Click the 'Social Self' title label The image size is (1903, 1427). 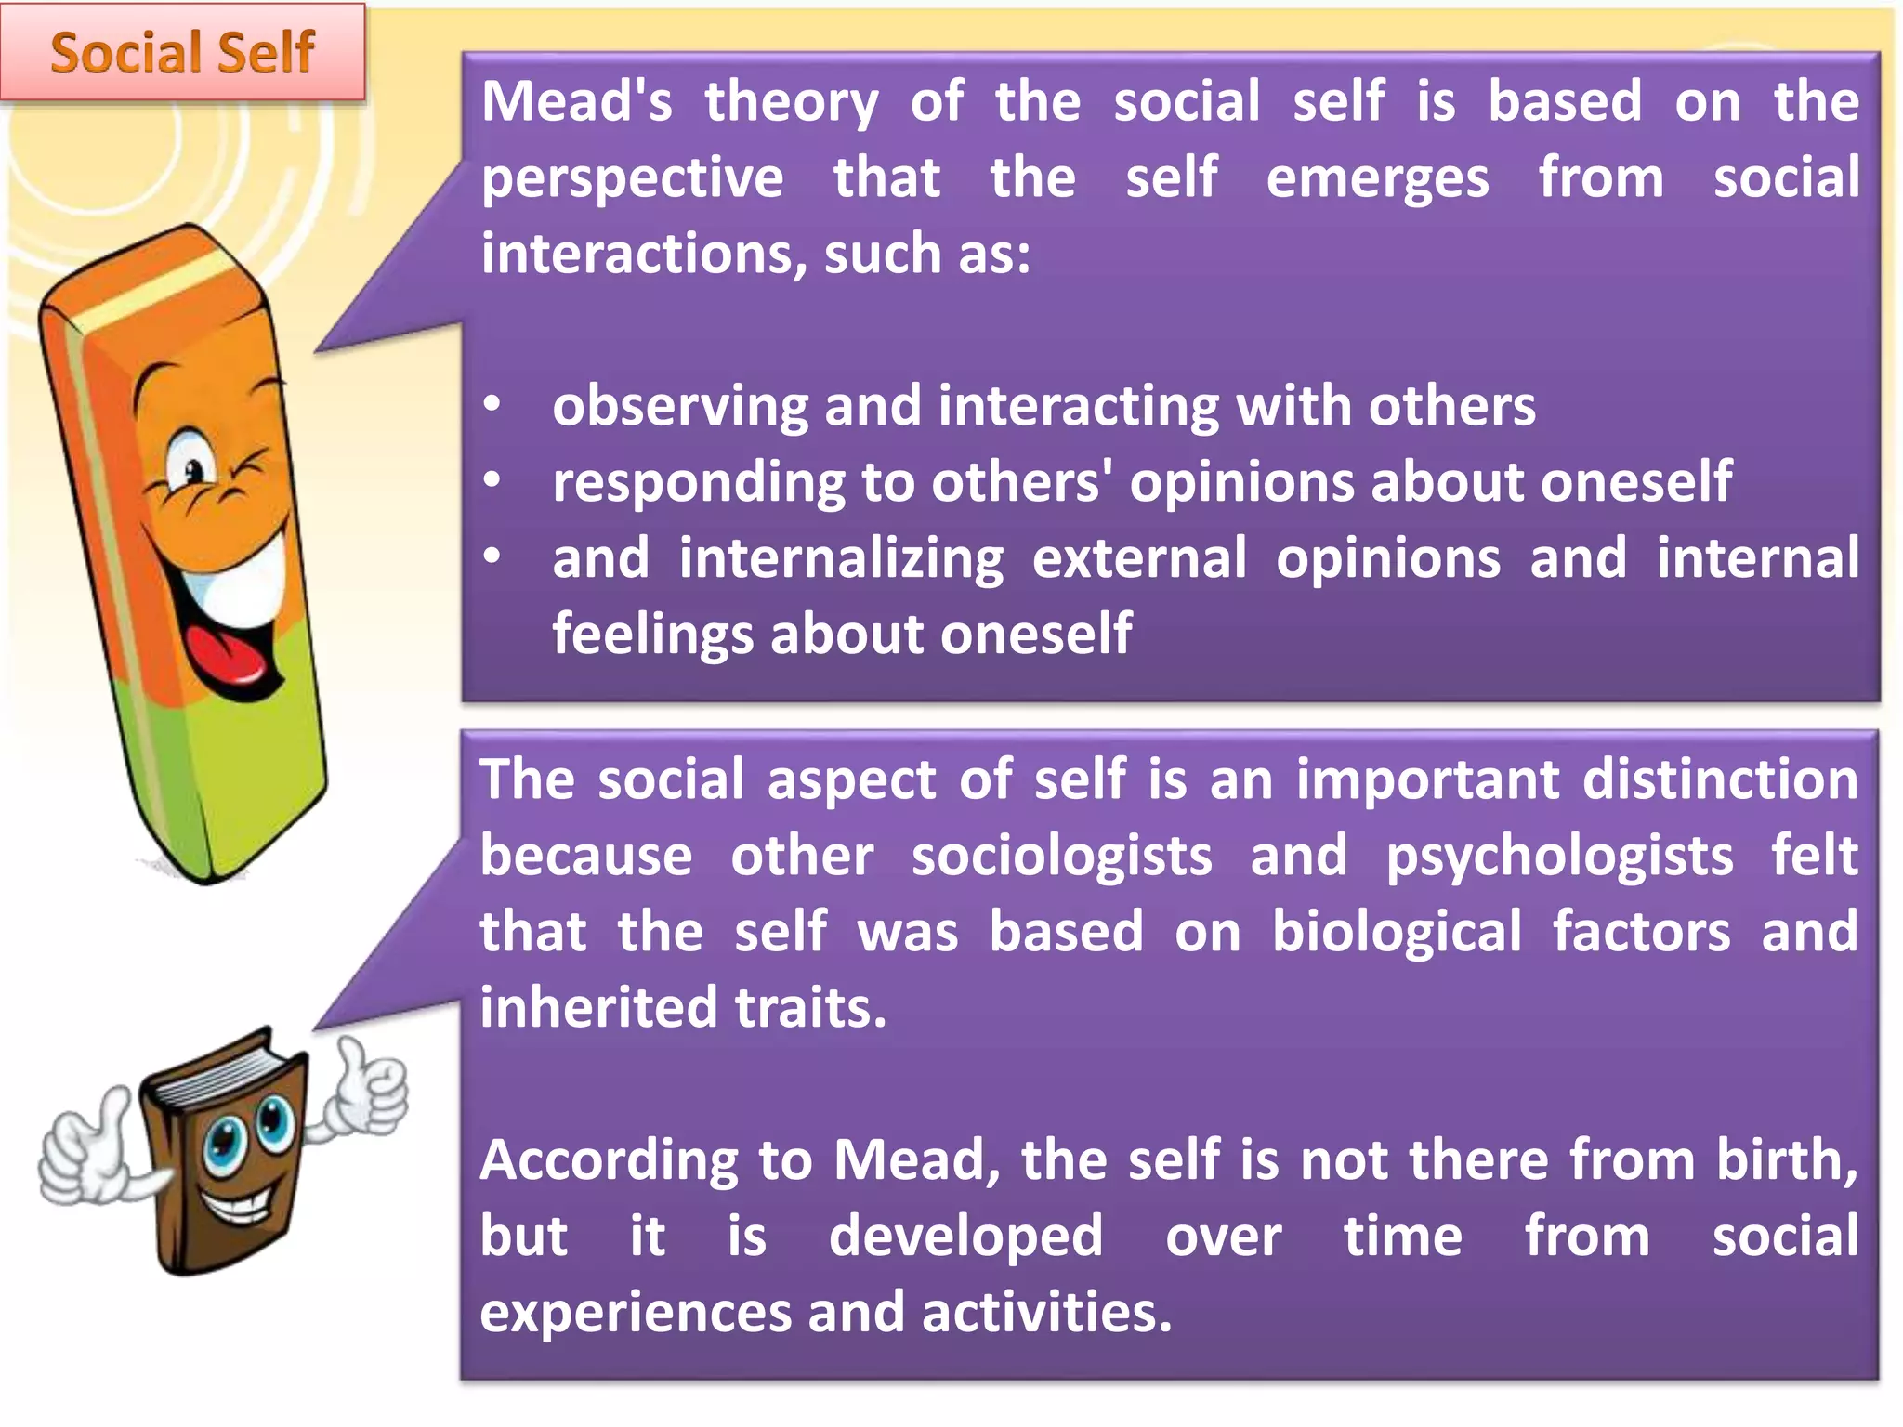pos(182,52)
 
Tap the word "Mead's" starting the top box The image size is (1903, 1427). pos(576,101)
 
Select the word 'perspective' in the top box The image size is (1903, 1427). pos(632,178)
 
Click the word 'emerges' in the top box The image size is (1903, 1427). pos(1377,178)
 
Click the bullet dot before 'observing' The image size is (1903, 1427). pos(492,404)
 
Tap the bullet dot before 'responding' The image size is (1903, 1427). pos(492,480)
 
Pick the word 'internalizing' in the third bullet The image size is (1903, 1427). pos(841,558)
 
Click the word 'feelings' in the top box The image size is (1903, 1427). pos(652,635)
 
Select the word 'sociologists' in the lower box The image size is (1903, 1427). pos(1061,856)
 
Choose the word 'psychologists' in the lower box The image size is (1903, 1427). pos(1559,856)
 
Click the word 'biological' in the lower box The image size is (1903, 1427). pos(1397,932)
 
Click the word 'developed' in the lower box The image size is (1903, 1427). pos(965,1237)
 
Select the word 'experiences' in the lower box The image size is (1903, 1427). pos(634,1313)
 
